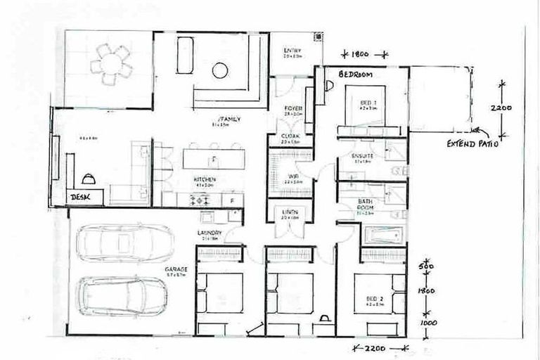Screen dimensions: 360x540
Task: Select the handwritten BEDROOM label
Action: coord(355,74)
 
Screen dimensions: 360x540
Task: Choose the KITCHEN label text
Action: coord(205,180)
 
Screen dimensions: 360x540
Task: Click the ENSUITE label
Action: coord(363,155)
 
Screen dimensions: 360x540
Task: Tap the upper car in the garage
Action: coord(124,243)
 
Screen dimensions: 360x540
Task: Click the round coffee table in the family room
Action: coord(220,70)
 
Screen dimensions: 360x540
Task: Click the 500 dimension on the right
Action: coord(423,268)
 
